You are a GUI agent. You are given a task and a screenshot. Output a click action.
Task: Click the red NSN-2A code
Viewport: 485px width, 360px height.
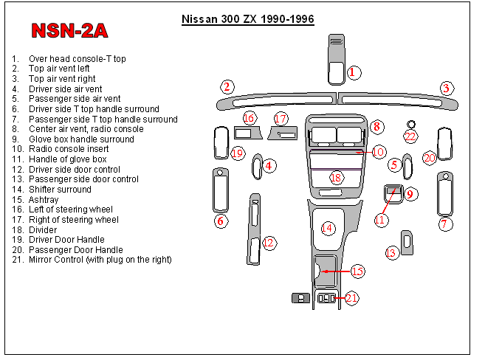coord(69,30)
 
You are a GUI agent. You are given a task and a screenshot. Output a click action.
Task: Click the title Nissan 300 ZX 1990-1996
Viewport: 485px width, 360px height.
coord(247,19)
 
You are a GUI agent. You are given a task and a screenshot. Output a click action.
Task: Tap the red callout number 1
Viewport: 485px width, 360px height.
coord(354,72)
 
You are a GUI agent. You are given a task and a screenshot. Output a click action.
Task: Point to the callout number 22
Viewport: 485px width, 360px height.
coord(410,136)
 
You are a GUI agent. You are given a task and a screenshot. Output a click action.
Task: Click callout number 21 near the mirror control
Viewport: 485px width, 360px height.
coord(351,298)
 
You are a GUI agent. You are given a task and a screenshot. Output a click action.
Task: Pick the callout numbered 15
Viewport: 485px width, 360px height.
coord(357,271)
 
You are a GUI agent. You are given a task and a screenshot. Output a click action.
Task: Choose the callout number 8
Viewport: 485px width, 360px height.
coord(376,127)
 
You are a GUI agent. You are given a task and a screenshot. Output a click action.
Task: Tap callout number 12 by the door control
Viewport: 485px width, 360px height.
coord(269,242)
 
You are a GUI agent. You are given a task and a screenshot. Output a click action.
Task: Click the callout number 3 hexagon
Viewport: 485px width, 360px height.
coord(446,89)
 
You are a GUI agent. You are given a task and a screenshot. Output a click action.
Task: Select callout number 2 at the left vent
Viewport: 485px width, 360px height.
coord(227,87)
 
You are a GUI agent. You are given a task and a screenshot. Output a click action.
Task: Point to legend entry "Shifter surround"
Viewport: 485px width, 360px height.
coord(60,190)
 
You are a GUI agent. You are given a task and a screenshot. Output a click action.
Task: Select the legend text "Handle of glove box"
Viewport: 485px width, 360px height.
coord(67,159)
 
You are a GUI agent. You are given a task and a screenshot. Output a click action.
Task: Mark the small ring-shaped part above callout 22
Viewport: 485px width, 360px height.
coord(411,124)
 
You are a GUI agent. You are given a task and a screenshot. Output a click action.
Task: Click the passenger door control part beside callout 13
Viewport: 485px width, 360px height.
coord(407,241)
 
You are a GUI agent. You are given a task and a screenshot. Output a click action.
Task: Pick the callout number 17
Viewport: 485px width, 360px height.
coord(281,118)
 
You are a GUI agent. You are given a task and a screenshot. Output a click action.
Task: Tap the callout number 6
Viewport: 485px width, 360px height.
coord(219,221)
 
